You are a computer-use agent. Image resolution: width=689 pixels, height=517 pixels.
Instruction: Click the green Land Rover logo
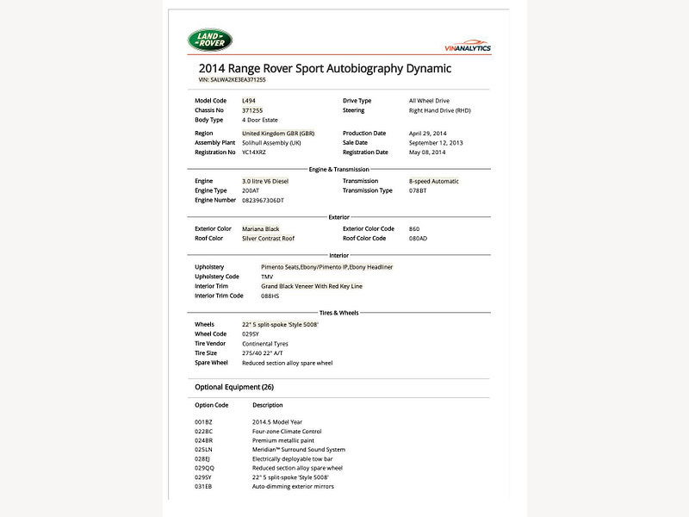tap(210, 39)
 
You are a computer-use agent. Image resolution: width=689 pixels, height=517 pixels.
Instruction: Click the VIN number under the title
tap(233, 79)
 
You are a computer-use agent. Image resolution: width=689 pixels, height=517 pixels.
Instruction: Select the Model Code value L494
tap(249, 101)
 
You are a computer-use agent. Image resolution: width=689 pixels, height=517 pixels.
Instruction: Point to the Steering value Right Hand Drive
tap(439, 110)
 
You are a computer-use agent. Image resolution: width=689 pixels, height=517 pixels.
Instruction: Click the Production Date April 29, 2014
tap(428, 134)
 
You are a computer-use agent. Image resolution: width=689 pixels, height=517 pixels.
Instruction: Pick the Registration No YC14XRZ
tap(254, 153)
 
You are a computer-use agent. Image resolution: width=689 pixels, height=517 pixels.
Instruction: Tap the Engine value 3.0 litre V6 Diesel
tap(266, 181)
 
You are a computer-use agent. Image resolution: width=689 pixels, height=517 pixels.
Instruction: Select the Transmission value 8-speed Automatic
tap(434, 181)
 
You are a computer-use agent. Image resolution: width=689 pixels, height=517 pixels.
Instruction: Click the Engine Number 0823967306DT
tap(263, 200)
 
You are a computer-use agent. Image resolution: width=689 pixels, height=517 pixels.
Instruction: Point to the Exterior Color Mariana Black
tap(261, 228)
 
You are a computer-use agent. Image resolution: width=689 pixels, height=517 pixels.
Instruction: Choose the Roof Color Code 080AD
tap(419, 238)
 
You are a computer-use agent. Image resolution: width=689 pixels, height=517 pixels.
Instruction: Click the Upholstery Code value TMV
tap(267, 277)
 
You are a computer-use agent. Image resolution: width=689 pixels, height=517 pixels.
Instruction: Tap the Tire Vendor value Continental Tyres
tap(270, 344)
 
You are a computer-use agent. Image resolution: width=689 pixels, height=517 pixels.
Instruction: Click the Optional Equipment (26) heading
tap(234, 387)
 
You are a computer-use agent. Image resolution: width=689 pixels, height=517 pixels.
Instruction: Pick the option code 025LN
tap(203, 449)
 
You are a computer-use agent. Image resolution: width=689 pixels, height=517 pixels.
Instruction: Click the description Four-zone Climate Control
tap(287, 431)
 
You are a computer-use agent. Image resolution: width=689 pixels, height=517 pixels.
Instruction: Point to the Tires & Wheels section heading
tap(338, 313)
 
